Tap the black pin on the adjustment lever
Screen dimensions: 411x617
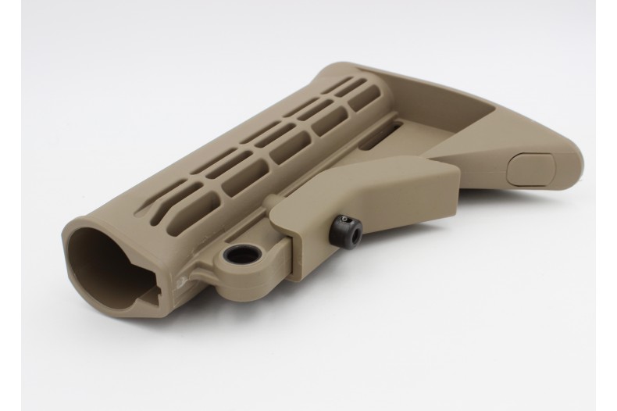[x=346, y=227]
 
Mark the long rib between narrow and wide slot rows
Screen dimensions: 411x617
[x=266, y=141]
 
